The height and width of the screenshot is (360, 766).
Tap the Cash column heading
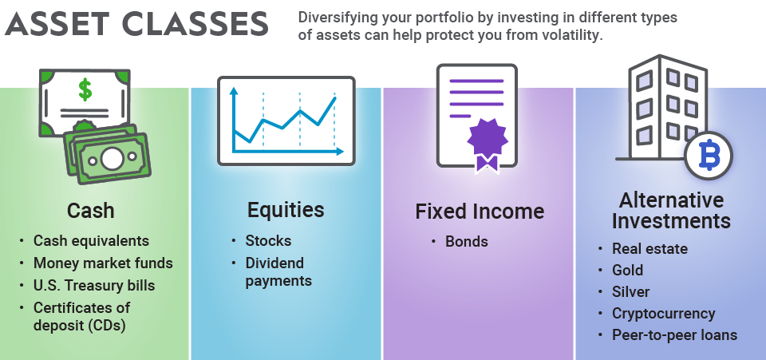point(90,211)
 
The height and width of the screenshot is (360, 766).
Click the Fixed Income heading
point(479,212)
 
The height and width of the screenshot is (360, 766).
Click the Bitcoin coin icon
point(708,155)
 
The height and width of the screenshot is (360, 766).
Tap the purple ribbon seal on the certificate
point(486,140)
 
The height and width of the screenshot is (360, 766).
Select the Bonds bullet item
point(466,241)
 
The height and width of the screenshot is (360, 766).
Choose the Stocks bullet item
point(268,240)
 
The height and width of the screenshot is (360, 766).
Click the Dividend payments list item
point(278,271)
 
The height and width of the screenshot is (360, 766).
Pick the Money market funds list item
point(103,263)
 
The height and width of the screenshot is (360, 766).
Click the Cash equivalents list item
point(91,240)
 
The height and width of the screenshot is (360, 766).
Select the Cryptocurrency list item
point(663,313)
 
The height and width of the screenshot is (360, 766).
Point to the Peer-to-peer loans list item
point(674,334)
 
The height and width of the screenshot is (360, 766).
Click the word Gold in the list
point(627,271)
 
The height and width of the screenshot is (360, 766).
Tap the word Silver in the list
point(630,291)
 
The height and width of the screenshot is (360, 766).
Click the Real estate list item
point(650,249)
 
